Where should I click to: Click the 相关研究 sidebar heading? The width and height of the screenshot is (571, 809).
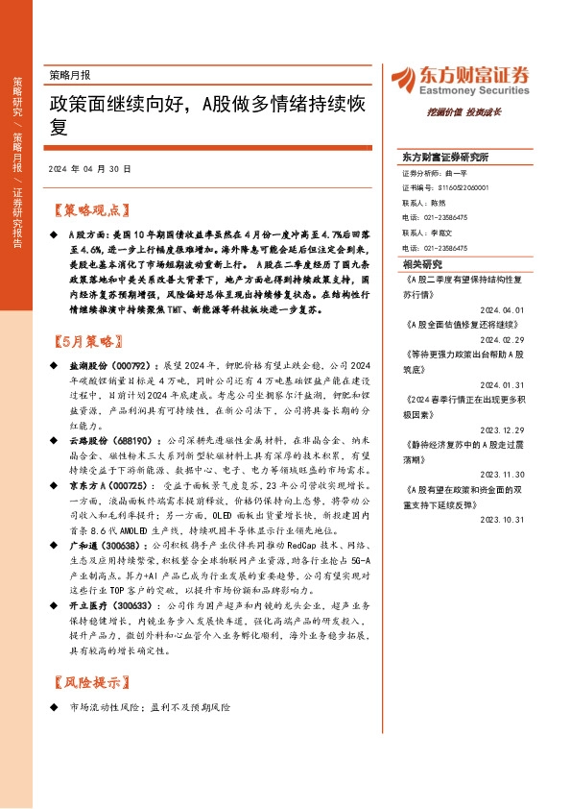point(423,262)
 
